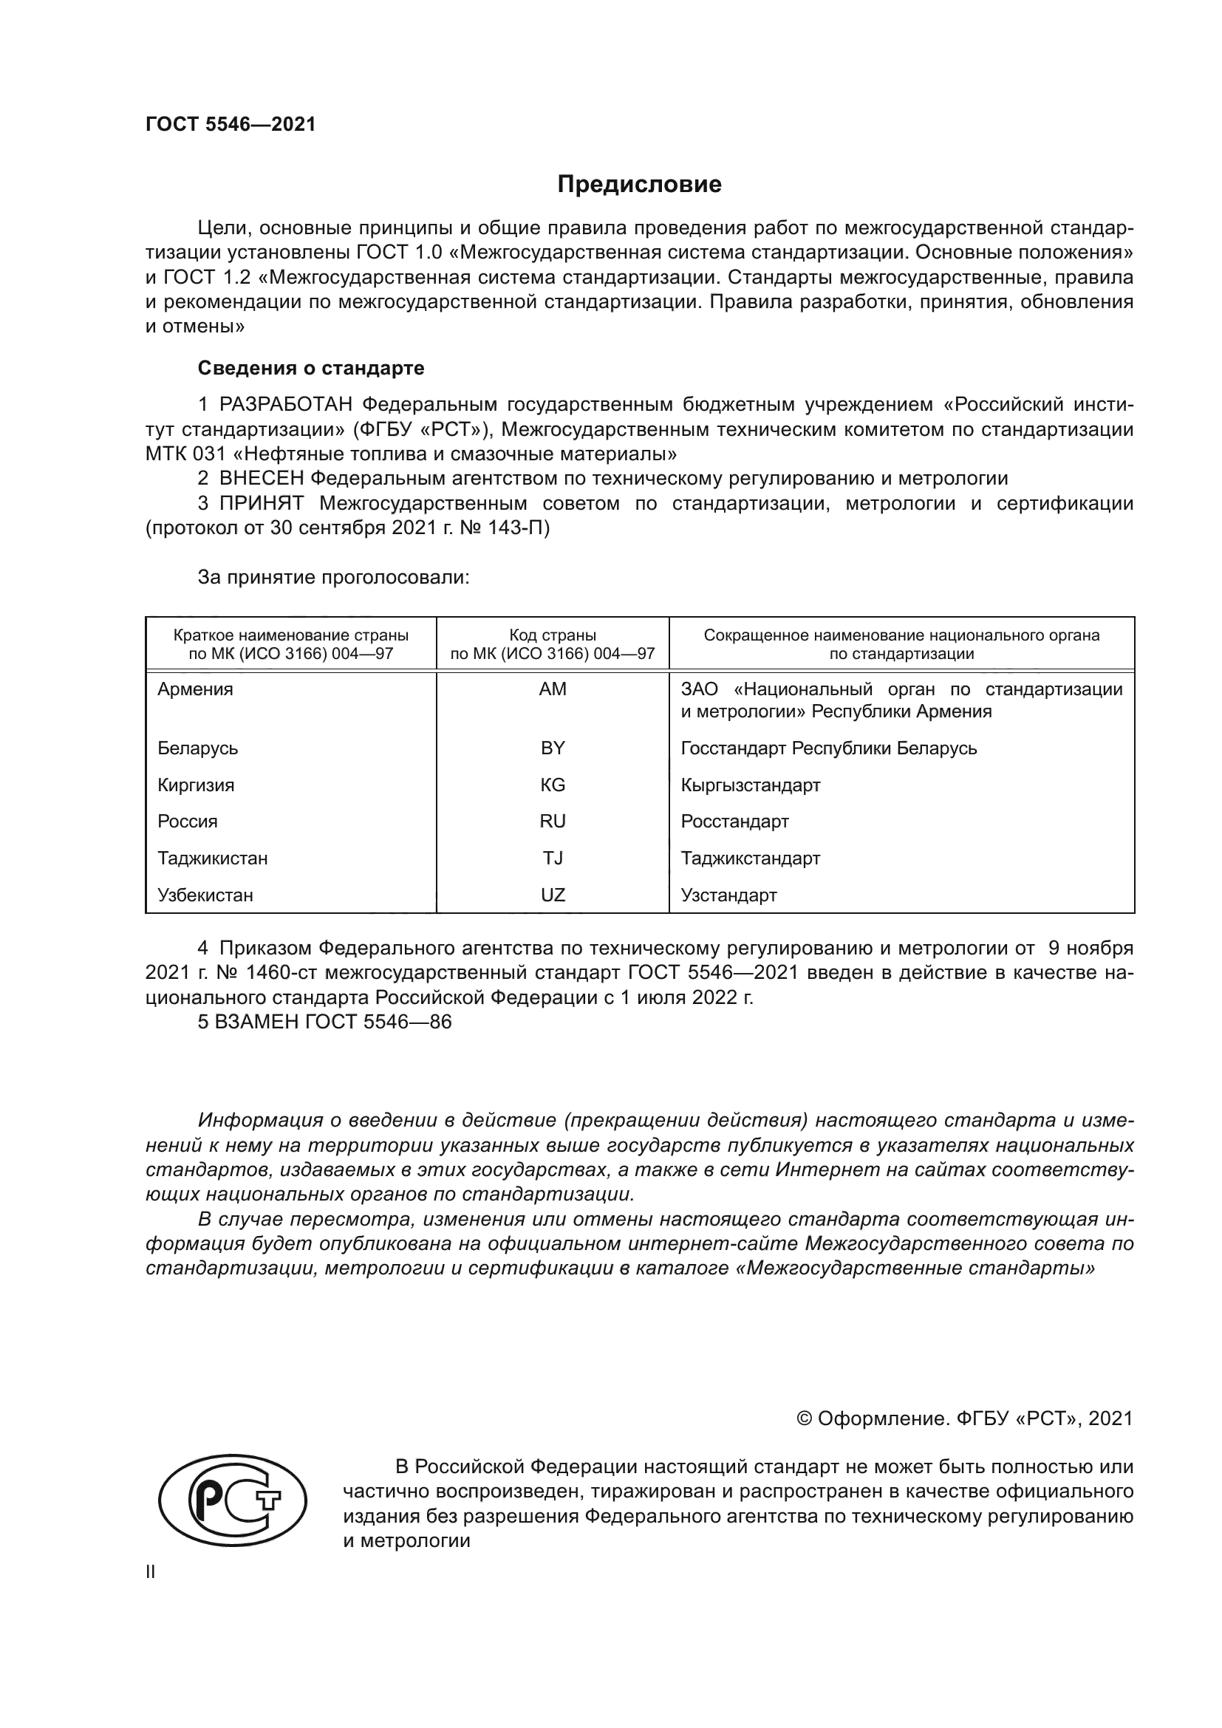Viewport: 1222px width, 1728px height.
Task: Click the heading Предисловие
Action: pos(639,185)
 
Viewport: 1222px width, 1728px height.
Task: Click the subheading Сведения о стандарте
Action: pos(311,368)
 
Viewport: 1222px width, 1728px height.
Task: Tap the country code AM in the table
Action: pos(553,689)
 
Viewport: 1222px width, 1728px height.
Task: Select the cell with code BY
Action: pos(553,748)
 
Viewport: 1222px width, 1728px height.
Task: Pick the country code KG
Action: pos(553,785)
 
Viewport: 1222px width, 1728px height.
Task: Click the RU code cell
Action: pos(553,821)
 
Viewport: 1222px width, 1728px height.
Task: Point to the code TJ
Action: pos(553,858)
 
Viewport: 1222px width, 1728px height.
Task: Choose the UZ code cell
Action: pos(553,895)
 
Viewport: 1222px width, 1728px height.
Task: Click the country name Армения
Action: pos(195,689)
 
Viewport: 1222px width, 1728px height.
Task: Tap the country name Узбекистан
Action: pos(205,895)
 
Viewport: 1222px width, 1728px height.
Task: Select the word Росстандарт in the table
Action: pos(734,821)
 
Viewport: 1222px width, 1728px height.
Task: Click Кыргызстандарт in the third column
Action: pos(750,785)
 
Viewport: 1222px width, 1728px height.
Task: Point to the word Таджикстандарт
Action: pos(750,858)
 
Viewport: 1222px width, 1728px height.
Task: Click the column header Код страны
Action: pos(553,635)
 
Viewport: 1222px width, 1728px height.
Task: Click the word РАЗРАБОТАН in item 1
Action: pos(285,405)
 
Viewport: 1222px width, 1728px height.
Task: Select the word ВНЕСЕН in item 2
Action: pos(261,478)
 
